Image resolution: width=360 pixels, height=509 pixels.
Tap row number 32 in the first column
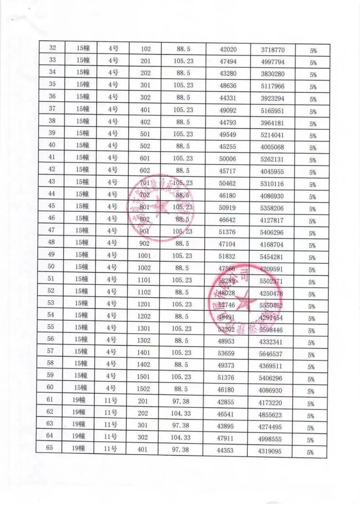click(53, 48)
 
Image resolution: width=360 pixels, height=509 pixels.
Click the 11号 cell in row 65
click(111, 449)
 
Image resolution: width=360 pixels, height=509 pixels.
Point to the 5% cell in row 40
click(313, 148)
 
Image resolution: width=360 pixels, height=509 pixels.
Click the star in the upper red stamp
click(159, 208)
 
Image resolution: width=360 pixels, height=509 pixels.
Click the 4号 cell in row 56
click(112, 340)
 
